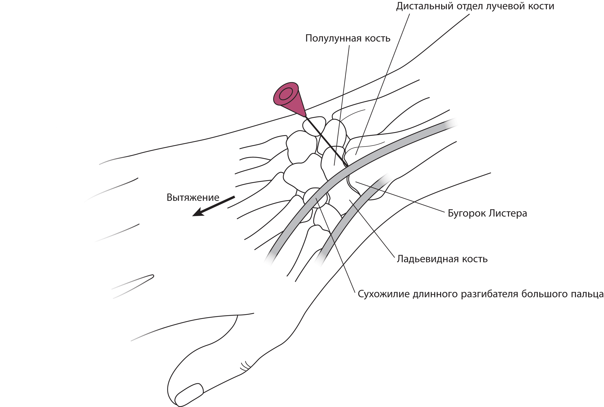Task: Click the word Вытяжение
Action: point(193,198)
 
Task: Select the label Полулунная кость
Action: point(348,38)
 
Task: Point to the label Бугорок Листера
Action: point(487,213)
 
